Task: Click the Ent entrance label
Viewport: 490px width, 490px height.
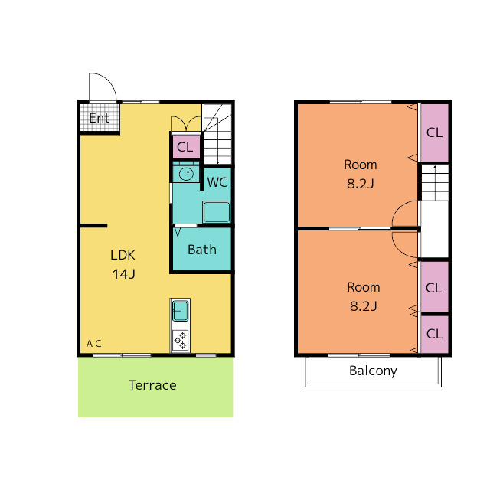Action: pos(100,118)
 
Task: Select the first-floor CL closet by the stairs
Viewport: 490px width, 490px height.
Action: pos(186,147)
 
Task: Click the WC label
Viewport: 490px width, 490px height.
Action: pos(217,182)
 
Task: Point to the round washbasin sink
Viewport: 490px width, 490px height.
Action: pos(186,174)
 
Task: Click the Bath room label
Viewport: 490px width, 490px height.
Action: pos(202,250)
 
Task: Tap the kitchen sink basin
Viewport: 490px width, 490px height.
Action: pos(181,311)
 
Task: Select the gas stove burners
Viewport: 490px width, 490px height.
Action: pos(181,340)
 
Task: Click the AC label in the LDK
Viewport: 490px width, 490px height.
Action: pos(93,344)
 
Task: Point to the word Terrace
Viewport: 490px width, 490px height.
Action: pos(152,385)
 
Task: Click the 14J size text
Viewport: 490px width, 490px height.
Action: pos(123,274)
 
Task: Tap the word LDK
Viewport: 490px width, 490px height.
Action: pos(122,255)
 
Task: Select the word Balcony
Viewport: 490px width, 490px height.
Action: pos(373,371)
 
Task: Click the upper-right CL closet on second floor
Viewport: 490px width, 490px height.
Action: pos(435,132)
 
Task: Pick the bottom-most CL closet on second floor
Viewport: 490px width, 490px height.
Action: pos(435,334)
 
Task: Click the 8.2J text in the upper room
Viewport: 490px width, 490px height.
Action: pos(361,184)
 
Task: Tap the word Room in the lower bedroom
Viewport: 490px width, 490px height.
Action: pos(364,287)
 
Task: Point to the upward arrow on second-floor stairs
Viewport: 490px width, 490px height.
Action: pos(435,183)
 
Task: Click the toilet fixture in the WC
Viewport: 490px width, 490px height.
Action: pos(216,212)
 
